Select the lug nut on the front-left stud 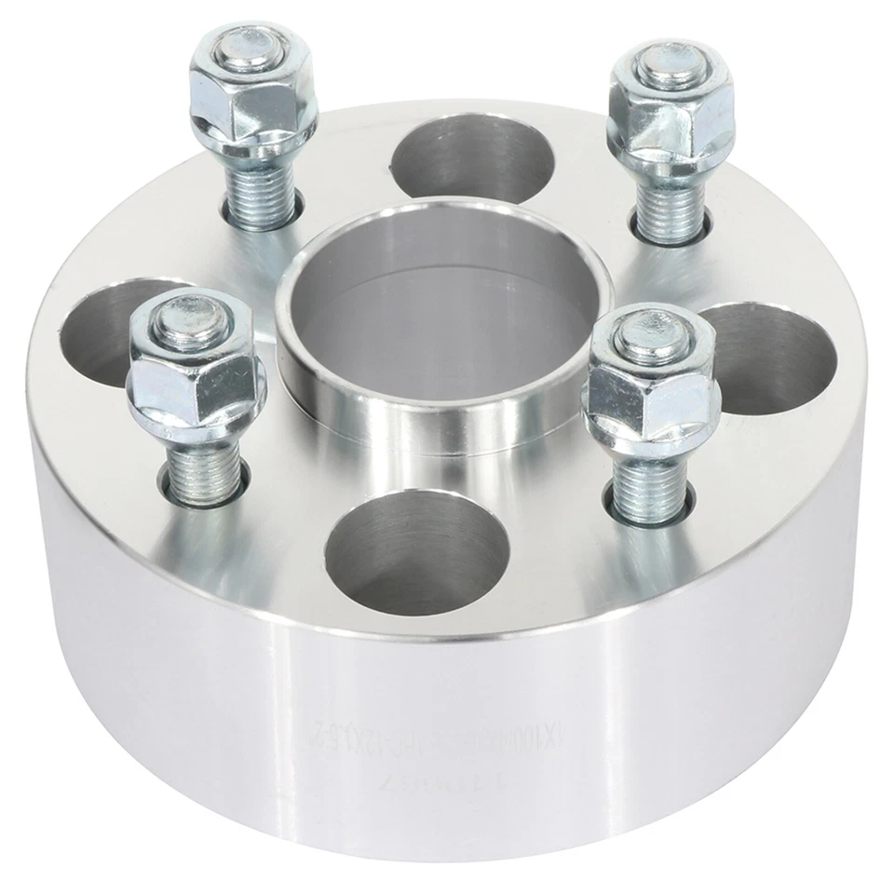click(x=197, y=382)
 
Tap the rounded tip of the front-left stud click(x=191, y=321)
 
